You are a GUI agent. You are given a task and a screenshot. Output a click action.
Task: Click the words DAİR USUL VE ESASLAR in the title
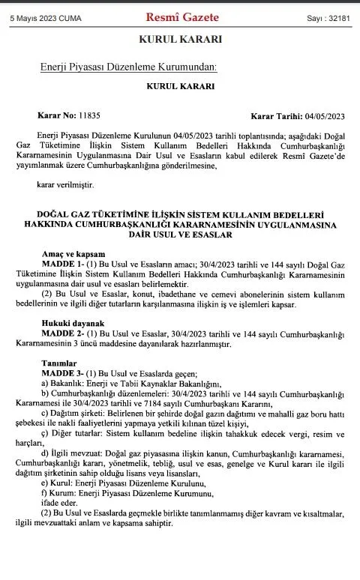pyautogui.click(x=181, y=235)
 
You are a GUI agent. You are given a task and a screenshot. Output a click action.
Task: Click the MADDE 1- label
pyautogui.click(x=61, y=266)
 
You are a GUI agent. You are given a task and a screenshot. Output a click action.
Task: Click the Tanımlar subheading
pyautogui.click(x=58, y=363)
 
